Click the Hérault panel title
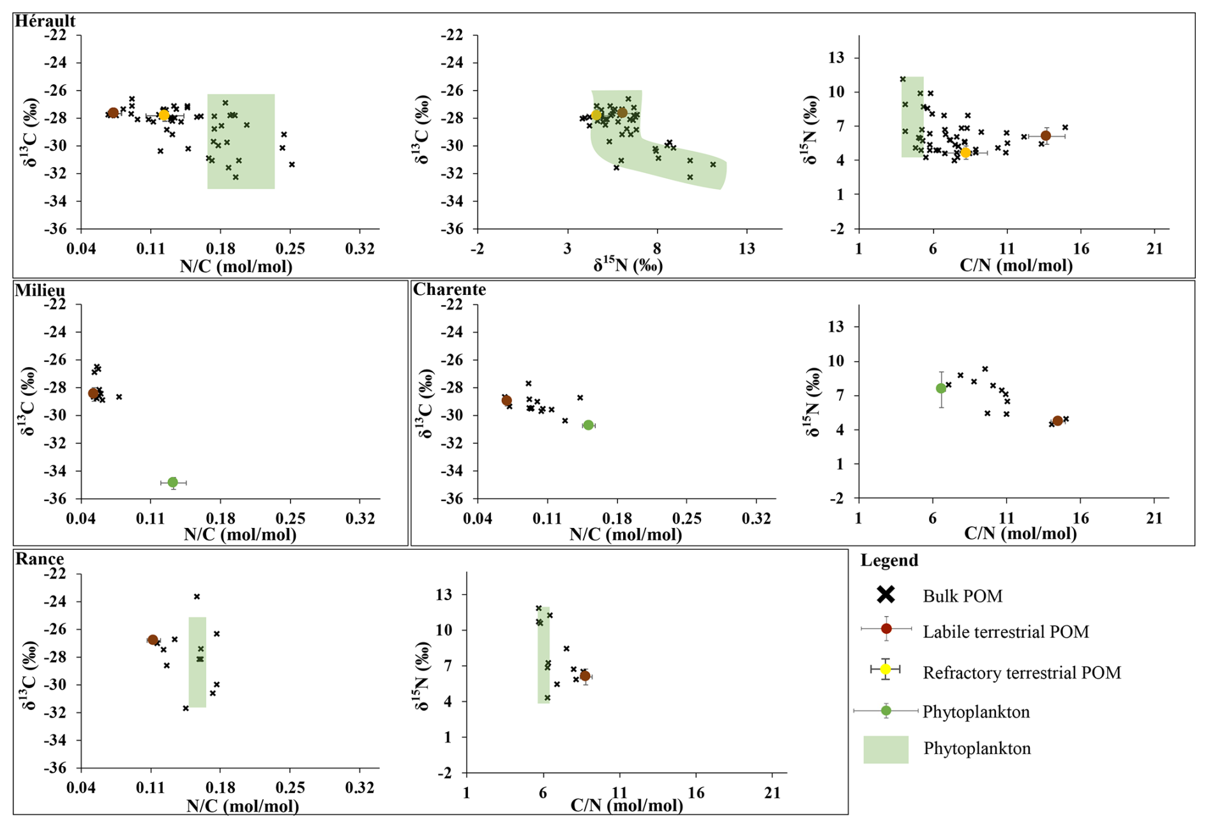click(x=45, y=21)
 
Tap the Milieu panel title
click(x=40, y=290)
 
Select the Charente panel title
click(x=449, y=290)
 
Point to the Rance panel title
click(x=39, y=559)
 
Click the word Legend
click(x=889, y=561)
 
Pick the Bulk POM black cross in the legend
click(x=886, y=595)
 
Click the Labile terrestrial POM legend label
click(x=1006, y=632)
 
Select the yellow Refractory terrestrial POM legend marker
click(x=886, y=669)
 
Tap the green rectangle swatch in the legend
click(x=886, y=749)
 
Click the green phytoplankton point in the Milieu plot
click(x=172, y=483)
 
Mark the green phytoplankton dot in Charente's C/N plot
click(x=940, y=388)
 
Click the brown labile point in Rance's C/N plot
click(x=585, y=676)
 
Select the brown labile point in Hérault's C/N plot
click(x=1046, y=135)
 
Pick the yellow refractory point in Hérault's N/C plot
click(x=164, y=115)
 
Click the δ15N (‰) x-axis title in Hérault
click(x=628, y=264)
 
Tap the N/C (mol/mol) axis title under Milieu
click(x=239, y=534)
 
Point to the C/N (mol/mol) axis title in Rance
click(x=626, y=806)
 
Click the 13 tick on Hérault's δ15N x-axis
click(x=746, y=248)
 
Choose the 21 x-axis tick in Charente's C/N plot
click(x=1154, y=518)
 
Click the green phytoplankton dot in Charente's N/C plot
click(x=588, y=425)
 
